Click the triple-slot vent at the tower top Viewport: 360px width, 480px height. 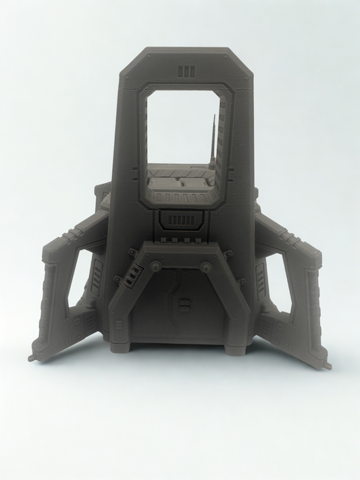point(186,71)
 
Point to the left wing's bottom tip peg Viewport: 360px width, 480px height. point(32,357)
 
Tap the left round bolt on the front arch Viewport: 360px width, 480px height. point(155,265)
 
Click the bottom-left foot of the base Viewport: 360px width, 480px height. point(130,350)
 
